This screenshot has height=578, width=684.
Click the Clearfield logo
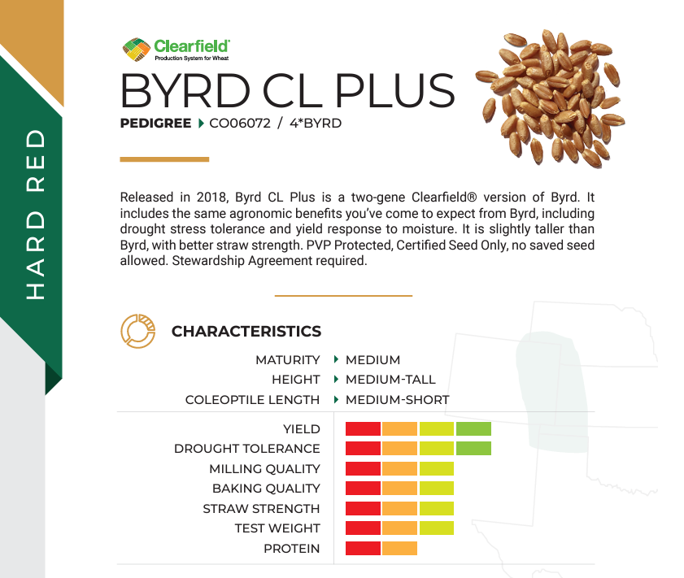pyautogui.click(x=176, y=50)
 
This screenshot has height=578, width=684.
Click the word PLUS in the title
pyautogui.click(x=394, y=91)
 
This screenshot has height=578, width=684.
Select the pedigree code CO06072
pyautogui.click(x=240, y=124)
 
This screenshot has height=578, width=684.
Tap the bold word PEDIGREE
pyautogui.click(x=155, y=124)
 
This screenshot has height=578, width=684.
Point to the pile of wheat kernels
pyautogui.click(x=551, y=98)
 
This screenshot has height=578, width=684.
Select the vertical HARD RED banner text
pyautogui.click(x=36, y=215)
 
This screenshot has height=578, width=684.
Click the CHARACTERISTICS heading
pyautogui.click(x=246, y=332)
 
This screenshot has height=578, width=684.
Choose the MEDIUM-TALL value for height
pyautogui.click(x=391, y=380)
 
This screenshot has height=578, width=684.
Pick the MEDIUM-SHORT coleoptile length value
pyautogui.click(x=398, y=400)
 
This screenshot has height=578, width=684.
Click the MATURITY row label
pyautogui.click(x=288, y=360)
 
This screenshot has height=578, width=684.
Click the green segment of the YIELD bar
pyautogui.click(x=473, y=429)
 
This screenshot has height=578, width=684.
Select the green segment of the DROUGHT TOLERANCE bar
pyautogui.click(x=473, y=448)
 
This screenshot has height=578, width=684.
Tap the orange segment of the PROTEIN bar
pyautogui.click(x=399, y=549)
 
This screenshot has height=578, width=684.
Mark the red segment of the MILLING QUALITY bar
pyautogui.click(x=363, y=468)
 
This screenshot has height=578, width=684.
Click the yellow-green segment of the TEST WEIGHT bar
pyautogui.click(x=437, y=528)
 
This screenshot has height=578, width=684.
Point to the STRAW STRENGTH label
pyautogui.click(x=261, y=509)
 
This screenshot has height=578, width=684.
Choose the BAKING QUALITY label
pyautogui.click(x=266, y=489)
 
